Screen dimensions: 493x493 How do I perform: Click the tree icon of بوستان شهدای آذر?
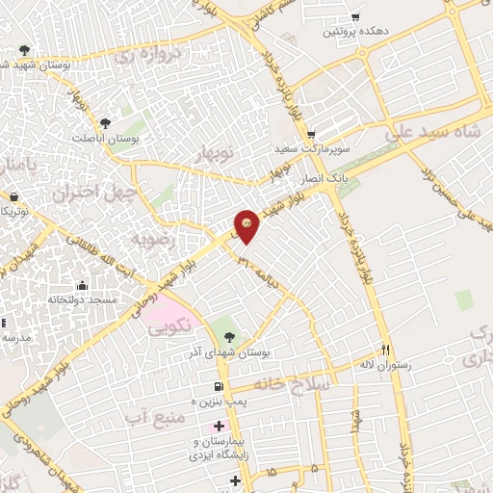coord(228,337)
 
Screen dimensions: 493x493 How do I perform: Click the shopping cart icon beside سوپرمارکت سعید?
coord(310,134)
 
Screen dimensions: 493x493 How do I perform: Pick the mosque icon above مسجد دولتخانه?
coord(81,286)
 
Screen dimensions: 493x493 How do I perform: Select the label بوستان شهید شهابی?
coord(39,65)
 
